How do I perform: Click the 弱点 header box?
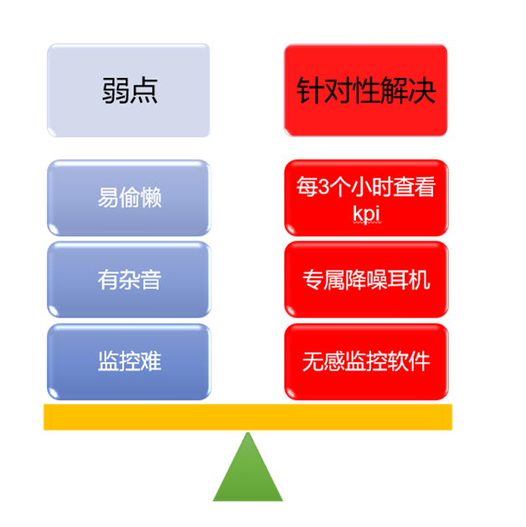coord(129,90)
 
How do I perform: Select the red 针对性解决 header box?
coord(366,90)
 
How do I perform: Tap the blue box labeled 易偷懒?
coord(129,198)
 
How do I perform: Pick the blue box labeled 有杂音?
coord(129,280)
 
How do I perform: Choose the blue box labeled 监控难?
coord(129,362)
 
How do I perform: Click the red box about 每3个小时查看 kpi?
coord(366,198)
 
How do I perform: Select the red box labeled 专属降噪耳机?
coord(366,280)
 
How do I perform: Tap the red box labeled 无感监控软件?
coord(366,362)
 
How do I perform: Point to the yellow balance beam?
coord(248,417)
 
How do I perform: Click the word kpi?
coord(367,214)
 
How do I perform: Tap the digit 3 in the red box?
coord(323,187)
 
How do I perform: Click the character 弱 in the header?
coord(116,90)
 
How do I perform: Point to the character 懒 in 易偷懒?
coord(151,197)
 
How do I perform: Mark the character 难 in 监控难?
coord(151,361)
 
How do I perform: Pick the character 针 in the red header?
coord(310,90)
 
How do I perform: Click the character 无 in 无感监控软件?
coord(312,362)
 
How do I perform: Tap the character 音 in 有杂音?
coord(151,280)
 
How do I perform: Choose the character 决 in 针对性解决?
coord(422,90)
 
